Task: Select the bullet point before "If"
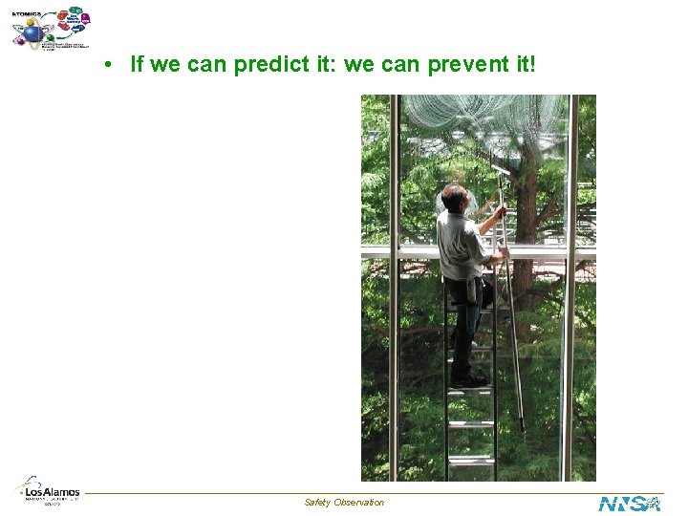(111, 65)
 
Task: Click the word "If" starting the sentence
(137, 64)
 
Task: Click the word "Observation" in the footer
(359, 503)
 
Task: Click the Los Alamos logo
(48, 490)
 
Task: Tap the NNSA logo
(630, 503)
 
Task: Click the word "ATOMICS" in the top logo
(26, 12)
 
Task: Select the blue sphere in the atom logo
(32, 33)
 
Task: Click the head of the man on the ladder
(455, 199)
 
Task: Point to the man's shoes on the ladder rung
(469, 379)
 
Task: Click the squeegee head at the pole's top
(501, 169)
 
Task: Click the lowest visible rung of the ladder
(470, 462)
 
